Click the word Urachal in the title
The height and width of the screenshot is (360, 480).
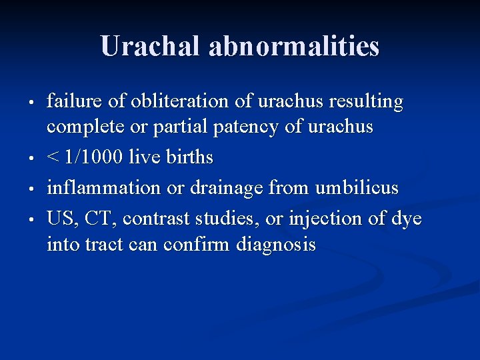(151, 46)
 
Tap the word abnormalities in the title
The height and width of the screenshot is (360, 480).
(294, 46)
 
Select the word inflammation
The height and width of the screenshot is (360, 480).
(103, 188)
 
